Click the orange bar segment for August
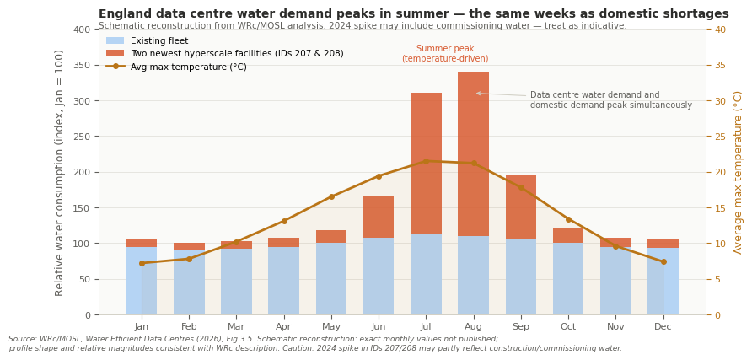[x=473, y=153]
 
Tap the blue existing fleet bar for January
[x=142, y=281]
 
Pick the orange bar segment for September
[x=520, y=207]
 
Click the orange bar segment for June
[x=379, y=217]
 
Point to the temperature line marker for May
[x=331, y=196]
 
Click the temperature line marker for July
[x=426, y=161]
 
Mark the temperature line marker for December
[x=663, y=261]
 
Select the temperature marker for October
[x=568, y=219]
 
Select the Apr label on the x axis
[x=284, y=326]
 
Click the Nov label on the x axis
[x=615, y=326]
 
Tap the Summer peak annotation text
[x=444, y=54]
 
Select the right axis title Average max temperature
[x=739, y=172]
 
